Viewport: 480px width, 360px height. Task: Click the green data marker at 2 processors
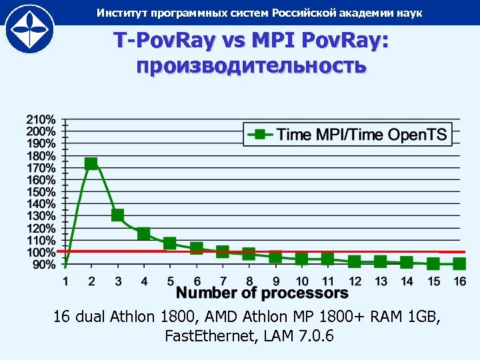pyautogui.click(x=91, y=163)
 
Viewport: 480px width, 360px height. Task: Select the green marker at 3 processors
pyautogui.click(x=117, y=215)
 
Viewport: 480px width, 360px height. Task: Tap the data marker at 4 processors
pyautogui.click(x=143, y=233)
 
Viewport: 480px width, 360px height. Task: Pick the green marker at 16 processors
pyautogui.click(x=459, y=264)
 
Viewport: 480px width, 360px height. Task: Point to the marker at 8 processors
pyautogui.click(x=249, y=253)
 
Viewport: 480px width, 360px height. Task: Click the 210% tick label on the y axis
pyautogui.click(x=41, y=119)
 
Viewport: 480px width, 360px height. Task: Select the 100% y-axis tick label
pyautogui.click(x=41, y=253)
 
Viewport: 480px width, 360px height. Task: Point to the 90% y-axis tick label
pyautogui.click(x=44, y=265)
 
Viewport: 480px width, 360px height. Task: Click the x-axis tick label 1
pyautogui.click(x=65, y=281)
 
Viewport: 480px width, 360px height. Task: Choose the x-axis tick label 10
pyautogui.click(x=301, y=281)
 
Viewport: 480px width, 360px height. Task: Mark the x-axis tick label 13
pyautogui.click(x=380, y=281)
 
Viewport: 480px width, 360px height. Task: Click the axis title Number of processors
pyautogui.click(x=262, y=293)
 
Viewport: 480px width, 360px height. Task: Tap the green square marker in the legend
pyautogui.click(x=261, y=135)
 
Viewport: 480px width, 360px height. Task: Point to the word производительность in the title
pyautogui.click(x=251, y=66)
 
